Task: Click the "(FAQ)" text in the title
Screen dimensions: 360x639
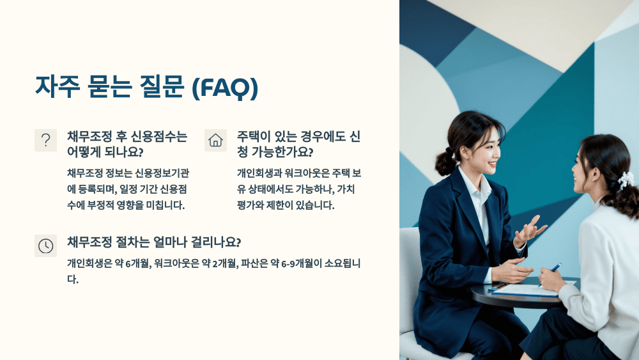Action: click(225, 88)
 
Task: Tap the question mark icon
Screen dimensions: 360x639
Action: click(45, 140)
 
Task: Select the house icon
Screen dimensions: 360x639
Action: click(215, 140)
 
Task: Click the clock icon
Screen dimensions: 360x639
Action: click(45, 246)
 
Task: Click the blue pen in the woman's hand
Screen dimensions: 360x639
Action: click(555, 267)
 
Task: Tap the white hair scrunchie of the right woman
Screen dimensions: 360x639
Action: click(626, 180)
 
